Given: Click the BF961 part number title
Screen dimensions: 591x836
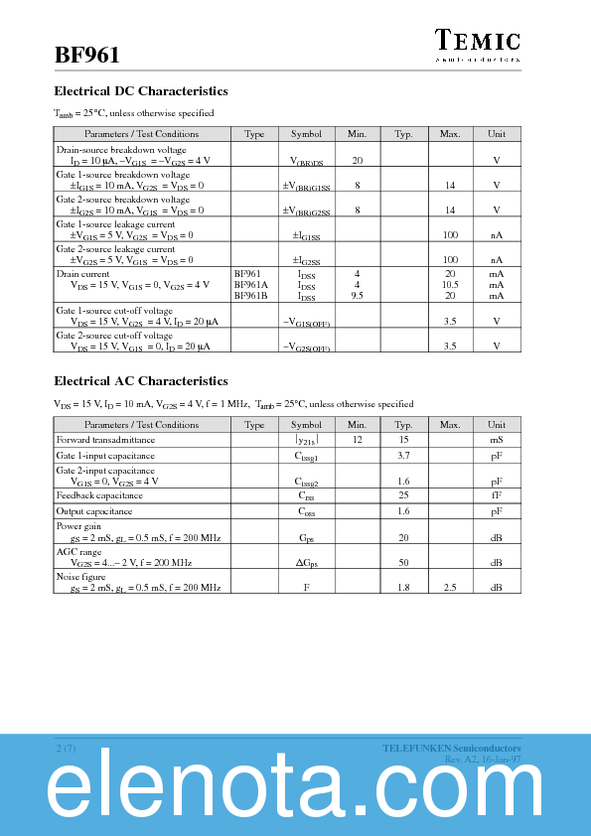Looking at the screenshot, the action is click(x=87, y=55).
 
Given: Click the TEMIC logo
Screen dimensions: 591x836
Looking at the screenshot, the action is click(x=478, y=41).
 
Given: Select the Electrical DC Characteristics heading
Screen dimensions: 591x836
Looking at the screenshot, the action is click(x=141, y=91).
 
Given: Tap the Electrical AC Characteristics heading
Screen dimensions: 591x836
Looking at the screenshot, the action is click(x=141, y=381).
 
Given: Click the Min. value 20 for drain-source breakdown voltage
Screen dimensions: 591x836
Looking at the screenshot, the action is click(x=357, y=160).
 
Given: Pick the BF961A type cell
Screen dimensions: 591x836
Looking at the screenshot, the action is click(x=251, y=284).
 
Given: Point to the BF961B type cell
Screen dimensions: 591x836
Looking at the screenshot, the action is click(x=251, y=295).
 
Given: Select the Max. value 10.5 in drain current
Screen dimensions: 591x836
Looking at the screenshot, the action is click(x=449, y=284).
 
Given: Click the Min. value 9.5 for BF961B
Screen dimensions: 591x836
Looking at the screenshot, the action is click(x=357, y=295).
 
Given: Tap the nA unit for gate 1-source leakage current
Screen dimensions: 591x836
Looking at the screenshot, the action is click(x=497, y=235).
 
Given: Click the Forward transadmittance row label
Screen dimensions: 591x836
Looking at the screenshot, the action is click(x=105, y=439).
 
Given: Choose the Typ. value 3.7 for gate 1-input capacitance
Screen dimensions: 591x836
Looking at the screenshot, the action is click(x=403, y=454).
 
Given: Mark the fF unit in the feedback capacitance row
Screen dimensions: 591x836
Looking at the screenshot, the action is click(x=497, y=494).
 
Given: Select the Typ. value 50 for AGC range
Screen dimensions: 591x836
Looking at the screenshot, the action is click(x=403, y=562).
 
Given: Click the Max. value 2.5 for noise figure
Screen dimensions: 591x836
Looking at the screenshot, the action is click(x=449, y=588).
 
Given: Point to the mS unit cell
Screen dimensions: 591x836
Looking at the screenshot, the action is click(x=497, y=439).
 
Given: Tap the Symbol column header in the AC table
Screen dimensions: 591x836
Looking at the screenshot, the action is click(x=306, y=424).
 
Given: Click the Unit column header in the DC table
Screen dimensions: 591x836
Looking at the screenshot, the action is click(x=497, y=134).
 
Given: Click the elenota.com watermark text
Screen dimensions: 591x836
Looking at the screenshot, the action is click(x=295, y=791).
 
